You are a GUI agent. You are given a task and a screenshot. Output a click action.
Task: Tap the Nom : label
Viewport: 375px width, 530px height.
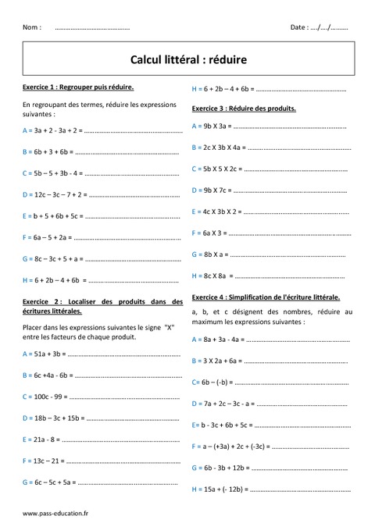(32, 27)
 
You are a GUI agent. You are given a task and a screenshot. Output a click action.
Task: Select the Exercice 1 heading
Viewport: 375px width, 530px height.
(78, 88)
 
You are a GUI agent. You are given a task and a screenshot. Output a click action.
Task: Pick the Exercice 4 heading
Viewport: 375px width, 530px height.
(265, 297)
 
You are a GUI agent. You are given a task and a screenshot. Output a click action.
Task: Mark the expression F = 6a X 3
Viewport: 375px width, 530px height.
(209, 233)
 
